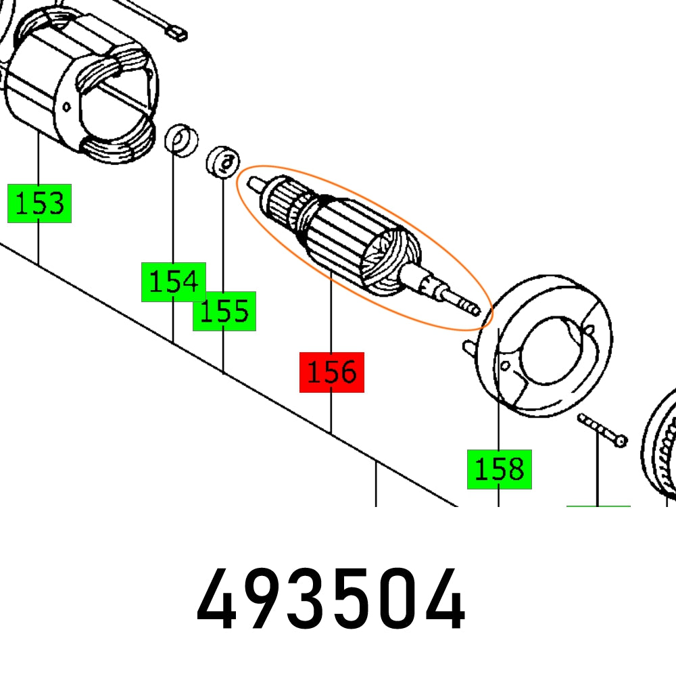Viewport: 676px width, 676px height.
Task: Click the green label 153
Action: click(39, 203)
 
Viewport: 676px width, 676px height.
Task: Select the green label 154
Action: click(173, 281)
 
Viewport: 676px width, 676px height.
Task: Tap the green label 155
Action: click(224, 312)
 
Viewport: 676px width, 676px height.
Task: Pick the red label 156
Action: click(332, 372)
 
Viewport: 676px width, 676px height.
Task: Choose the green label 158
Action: click(499, 469)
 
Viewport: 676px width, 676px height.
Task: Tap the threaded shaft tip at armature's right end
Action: click(466, 304)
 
